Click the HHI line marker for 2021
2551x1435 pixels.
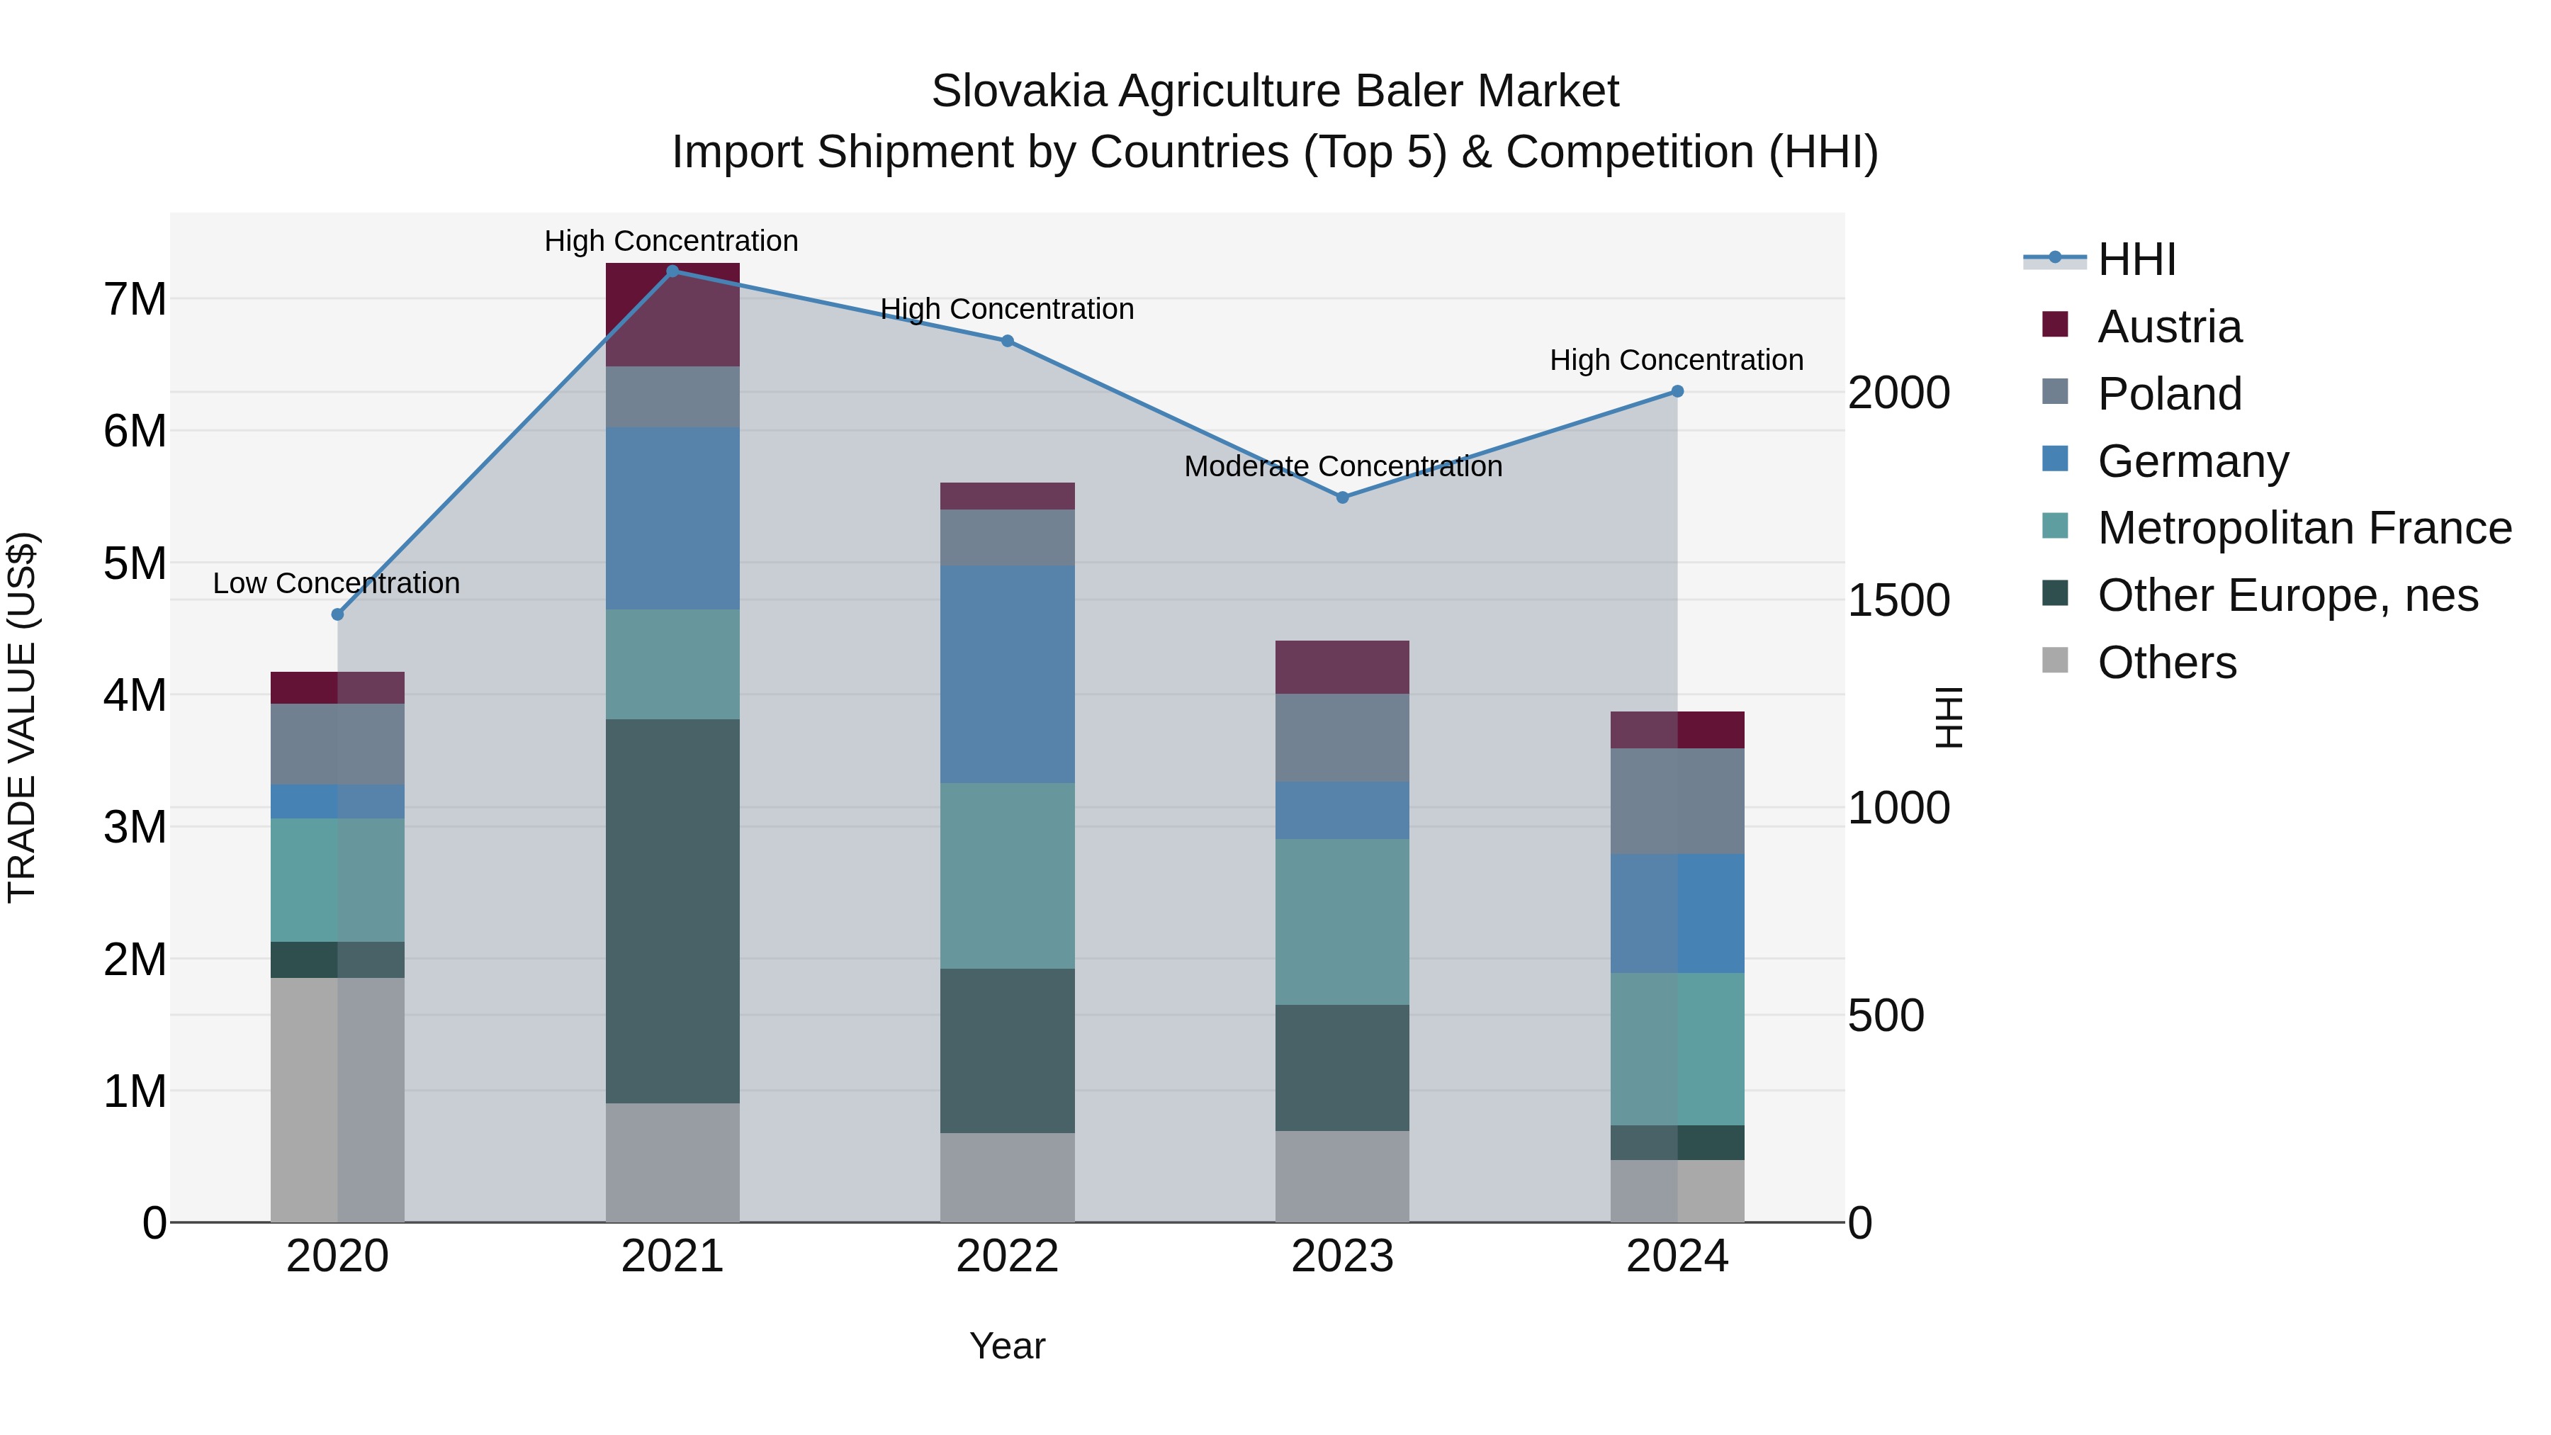[672, 271]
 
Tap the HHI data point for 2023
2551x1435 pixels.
[1343, 497]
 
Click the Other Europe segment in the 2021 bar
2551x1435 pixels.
[672, 911]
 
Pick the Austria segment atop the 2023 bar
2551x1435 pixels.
[1342, 667]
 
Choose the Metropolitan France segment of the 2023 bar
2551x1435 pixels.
[1342, 921]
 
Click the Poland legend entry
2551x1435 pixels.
[2169, 394]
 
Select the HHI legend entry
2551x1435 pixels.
[2136, 259]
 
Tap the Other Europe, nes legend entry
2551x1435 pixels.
[2287, 596]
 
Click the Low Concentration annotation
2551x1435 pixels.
[336, 583]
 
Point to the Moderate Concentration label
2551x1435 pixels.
[1343, 466]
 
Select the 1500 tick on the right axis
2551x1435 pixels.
[1898, 600]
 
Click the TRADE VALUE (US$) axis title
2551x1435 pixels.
[22, 717]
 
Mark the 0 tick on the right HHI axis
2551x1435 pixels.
[1861, 1224]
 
